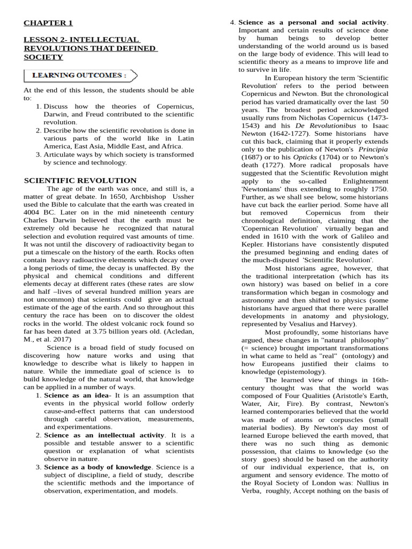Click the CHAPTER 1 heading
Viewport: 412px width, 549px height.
[x=48, y=23]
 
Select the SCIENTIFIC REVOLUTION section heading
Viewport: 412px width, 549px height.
[x=80, y=181]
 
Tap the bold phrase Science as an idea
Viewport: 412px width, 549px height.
[x=76, y=396]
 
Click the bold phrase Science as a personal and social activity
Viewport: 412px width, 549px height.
[x=312, y=23]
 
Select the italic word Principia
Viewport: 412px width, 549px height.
[x=373, y=149]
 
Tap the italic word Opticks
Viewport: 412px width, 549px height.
[x=304, y=157]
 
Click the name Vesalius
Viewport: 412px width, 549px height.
[x=310, y=324]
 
